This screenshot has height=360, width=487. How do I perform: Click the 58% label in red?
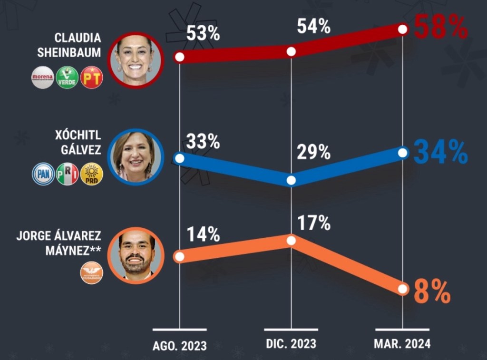coord(441,27)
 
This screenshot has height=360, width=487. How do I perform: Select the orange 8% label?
coord(432,292)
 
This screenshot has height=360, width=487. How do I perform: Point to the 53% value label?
coord(203,34)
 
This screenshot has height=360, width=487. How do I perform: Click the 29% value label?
coord(313,152)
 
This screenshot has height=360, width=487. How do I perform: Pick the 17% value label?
coord(313,222)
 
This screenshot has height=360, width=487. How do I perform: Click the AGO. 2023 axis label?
coord(180,345)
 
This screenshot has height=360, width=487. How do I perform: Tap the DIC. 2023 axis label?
coord(291,343)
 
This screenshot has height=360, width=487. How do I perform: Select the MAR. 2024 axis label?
coord(402,343)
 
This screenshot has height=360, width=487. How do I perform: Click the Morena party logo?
coord(43,78)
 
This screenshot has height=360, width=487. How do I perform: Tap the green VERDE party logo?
coord(67,78)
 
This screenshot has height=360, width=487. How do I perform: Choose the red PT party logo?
coord(92,78)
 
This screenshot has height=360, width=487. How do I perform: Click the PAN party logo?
coord(43,174)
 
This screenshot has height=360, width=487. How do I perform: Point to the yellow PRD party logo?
coord(92,174)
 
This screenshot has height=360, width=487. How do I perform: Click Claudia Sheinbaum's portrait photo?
coord(134,59)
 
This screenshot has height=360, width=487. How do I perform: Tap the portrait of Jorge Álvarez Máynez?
coord(136,255)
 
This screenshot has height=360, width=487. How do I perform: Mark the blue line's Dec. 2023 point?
coord(292,181)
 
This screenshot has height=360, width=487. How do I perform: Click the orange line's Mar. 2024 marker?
coord(403,289)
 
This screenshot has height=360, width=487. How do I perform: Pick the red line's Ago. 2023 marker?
coord(179,58)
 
